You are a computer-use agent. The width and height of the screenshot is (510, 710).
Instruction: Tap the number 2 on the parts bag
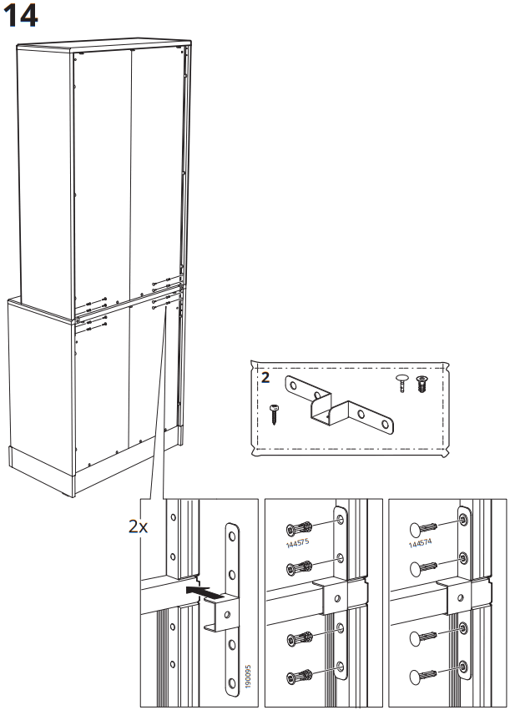[265, 377]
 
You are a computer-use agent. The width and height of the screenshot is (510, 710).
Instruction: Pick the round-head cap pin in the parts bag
[404, 383]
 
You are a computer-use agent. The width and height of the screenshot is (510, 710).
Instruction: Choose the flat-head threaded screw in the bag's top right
[421, 385]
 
